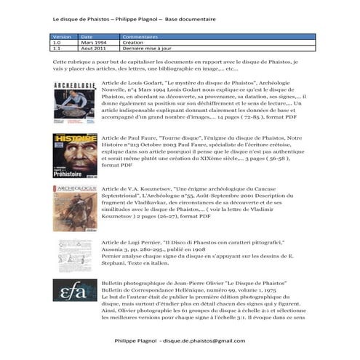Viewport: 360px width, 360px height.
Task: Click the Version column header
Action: click(62, 36)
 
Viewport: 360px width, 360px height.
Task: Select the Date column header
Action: click(87, 36)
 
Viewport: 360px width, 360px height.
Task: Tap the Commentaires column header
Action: click(141, 36)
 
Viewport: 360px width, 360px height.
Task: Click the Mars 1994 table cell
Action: click(95, 42)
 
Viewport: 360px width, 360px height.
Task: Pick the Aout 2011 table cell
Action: click(95, 49)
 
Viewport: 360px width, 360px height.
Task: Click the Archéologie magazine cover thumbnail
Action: click(73, 103)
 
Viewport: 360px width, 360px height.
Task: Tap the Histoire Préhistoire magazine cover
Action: click(75, 156)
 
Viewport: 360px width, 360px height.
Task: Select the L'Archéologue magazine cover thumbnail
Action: click(74, 208)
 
